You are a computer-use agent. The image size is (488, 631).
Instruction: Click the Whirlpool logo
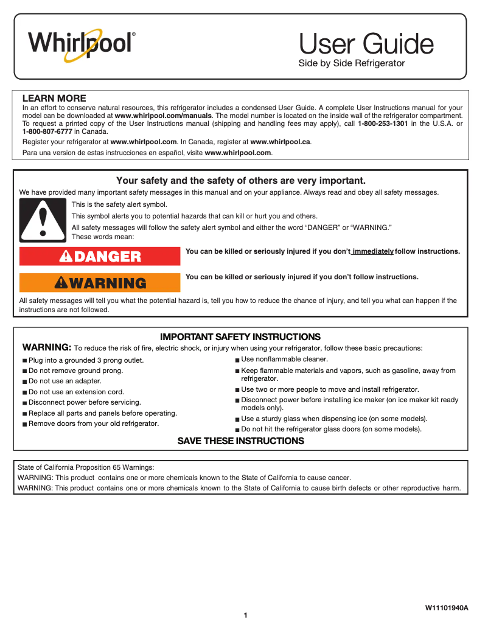(81, 44)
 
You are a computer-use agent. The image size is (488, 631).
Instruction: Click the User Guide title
(366, 44)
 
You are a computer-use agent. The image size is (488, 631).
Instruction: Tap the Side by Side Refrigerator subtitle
(351, 63)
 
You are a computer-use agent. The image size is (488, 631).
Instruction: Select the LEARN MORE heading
(54, 98)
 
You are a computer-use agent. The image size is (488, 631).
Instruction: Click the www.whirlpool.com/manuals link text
(163, 115)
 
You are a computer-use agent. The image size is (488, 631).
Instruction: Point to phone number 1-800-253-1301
(383, 124)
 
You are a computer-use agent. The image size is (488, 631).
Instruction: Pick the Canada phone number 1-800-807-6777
(47, 131)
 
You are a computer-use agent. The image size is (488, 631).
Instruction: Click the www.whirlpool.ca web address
(281, 142)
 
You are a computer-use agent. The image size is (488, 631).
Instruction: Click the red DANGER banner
(100, 257)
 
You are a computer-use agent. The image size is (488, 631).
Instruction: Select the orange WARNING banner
(100, 283)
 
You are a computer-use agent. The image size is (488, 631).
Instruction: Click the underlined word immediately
(373, 251)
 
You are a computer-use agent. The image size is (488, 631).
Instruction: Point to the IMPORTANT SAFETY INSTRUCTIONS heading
(240, 336)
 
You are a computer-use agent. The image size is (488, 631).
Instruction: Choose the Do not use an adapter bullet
(64, 381)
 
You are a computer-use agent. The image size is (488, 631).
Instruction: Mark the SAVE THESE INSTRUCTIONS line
(240, 441)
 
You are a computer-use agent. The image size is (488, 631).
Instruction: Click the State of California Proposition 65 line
(86, 467)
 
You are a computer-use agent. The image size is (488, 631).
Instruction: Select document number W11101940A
(447, 608)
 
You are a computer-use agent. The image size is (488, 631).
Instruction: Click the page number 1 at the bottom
(245, 616)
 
